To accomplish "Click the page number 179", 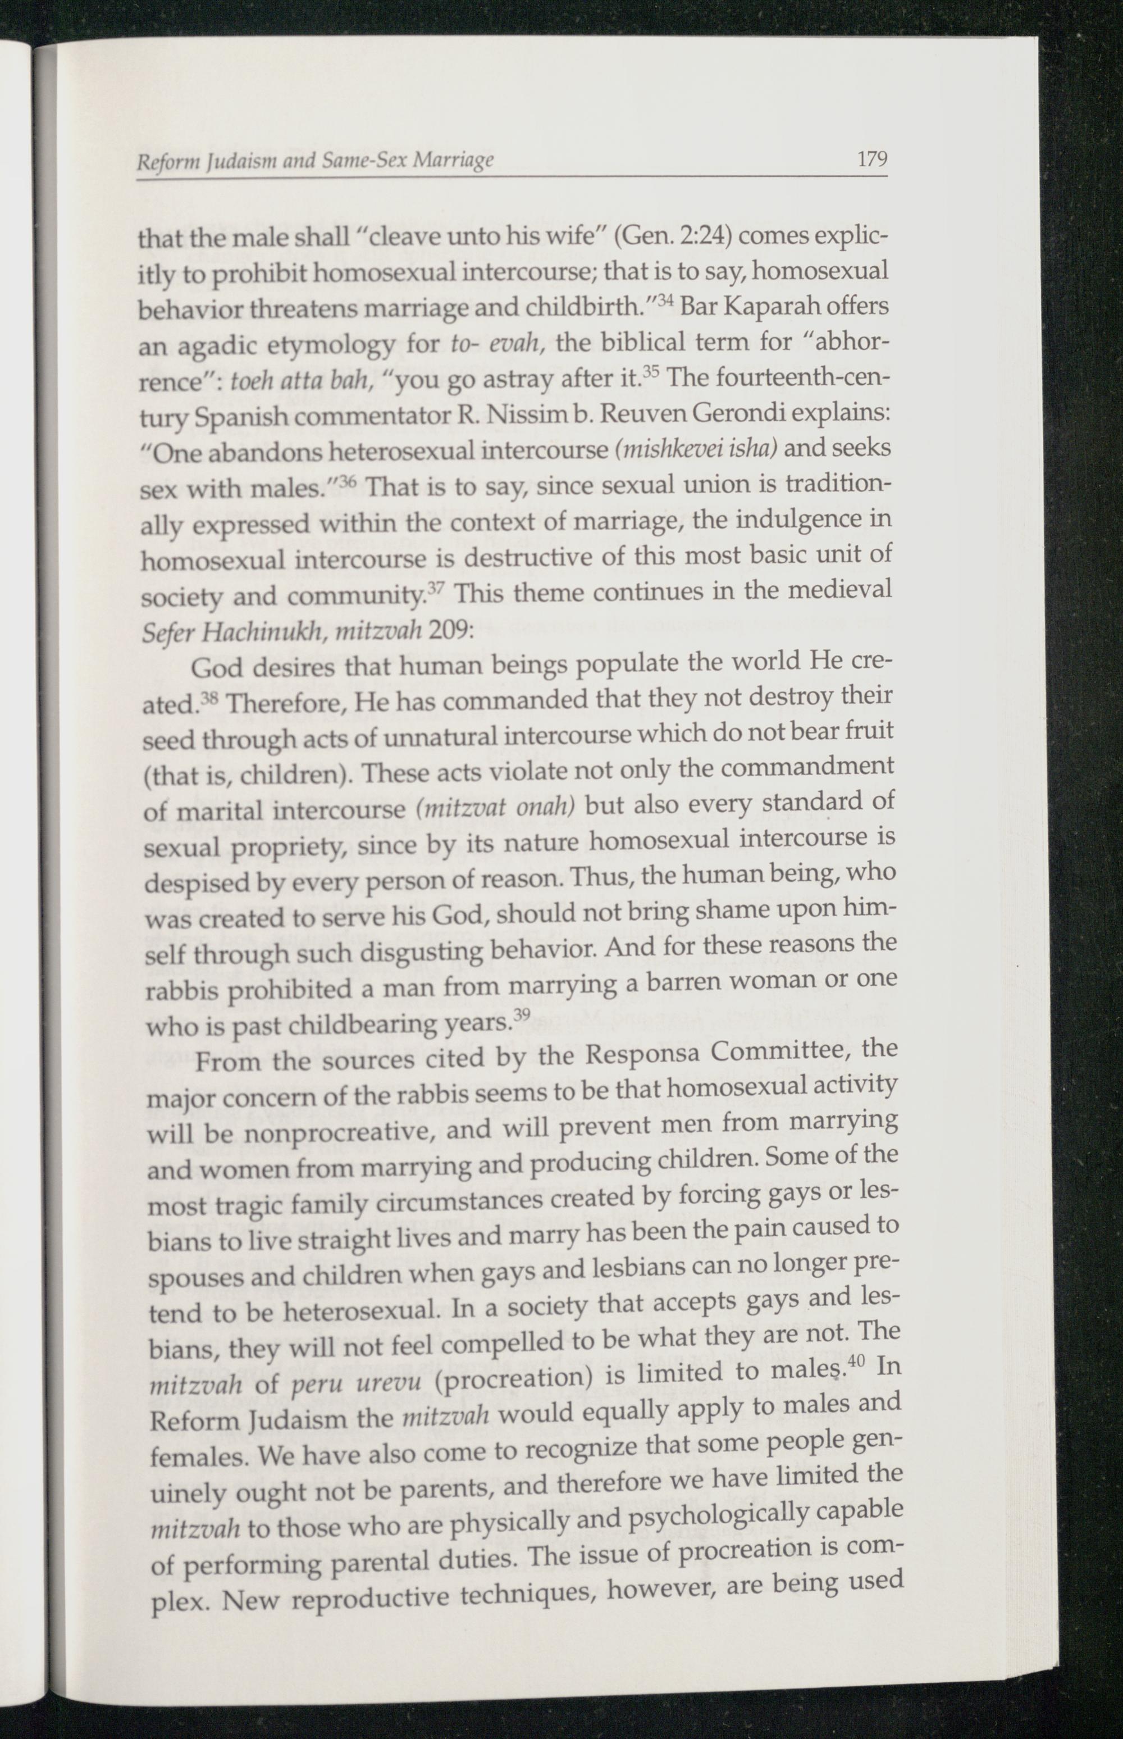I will click(871, 158).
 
